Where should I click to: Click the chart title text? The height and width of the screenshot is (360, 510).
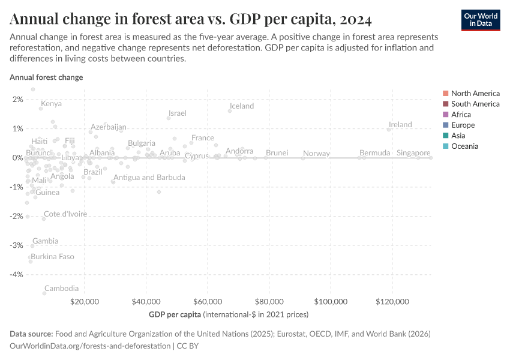point(191,19)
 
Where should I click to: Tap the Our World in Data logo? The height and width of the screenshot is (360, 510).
point(480,19)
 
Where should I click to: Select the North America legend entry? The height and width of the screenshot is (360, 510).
point(475,93)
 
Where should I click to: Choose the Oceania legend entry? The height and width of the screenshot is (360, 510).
point(464,146)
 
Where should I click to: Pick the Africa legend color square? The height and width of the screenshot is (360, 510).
point(445,115)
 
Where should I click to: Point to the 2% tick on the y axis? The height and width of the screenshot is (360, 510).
point(17,100)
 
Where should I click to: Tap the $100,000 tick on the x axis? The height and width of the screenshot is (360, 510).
point(331,301)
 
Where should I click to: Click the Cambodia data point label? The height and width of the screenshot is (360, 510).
point(61,289)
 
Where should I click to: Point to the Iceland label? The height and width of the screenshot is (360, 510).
point(242,106)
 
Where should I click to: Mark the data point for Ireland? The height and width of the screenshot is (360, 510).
point(389,130)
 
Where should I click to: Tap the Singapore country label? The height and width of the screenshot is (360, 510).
point(413,153)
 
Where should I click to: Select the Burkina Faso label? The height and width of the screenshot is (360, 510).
point(52,257)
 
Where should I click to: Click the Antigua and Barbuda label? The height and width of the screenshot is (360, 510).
point(149,178)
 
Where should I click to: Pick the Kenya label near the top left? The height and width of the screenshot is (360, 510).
point(51,104)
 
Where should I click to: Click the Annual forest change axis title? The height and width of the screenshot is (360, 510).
point(46,77)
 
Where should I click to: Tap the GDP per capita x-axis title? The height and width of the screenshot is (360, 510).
point(175,314)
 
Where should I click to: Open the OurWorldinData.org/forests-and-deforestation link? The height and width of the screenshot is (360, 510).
point(90,346)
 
